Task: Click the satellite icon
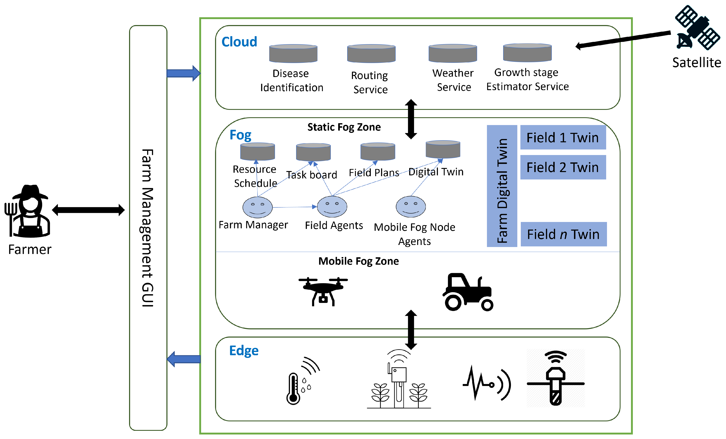697,28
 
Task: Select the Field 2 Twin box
563,167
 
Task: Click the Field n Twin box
563,234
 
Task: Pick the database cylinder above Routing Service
371,54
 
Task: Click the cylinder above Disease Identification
293,54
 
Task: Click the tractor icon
468,292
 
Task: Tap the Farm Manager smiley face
257,207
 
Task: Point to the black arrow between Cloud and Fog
411,119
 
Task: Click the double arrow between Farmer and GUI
88,210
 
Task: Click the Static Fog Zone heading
344,127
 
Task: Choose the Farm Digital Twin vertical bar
502,186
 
